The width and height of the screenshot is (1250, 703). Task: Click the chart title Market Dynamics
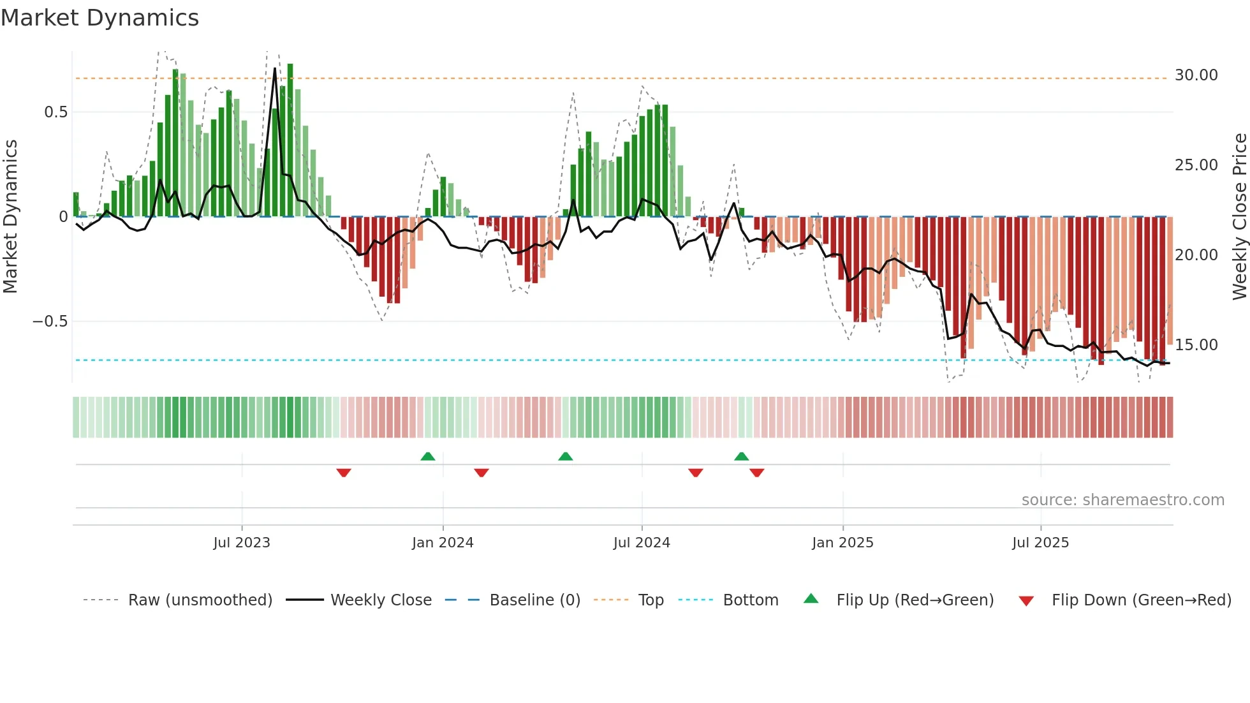click(x=99, y=18)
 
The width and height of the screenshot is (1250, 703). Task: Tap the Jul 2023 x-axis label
click(x=242, y=542)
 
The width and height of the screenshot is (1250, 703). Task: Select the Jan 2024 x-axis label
click(x=443, y=542)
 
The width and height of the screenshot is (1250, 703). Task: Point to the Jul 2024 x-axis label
click(x=642, y=542)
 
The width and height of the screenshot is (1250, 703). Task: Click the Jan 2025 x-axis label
click(x=842, y=542)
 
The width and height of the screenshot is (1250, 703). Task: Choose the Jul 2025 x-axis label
click(x=1040, y=542)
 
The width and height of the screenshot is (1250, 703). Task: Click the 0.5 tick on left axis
click(x=55, y=112)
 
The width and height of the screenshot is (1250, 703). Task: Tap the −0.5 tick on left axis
click(x=50, y=321)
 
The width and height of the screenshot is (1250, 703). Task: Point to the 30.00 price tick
click(x=1196, y=75)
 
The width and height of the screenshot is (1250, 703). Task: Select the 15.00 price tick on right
click(x=1196, y=345)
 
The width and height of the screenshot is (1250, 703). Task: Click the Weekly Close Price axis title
click(x=1239, y=216)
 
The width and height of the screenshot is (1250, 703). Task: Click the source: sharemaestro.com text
click(x=1122, y=500)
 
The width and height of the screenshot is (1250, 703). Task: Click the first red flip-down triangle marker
click(x=344, y=473)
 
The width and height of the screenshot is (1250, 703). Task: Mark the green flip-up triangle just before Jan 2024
click(x=428, y=456)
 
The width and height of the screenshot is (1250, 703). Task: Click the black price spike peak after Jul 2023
click(x=275, y=69)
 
